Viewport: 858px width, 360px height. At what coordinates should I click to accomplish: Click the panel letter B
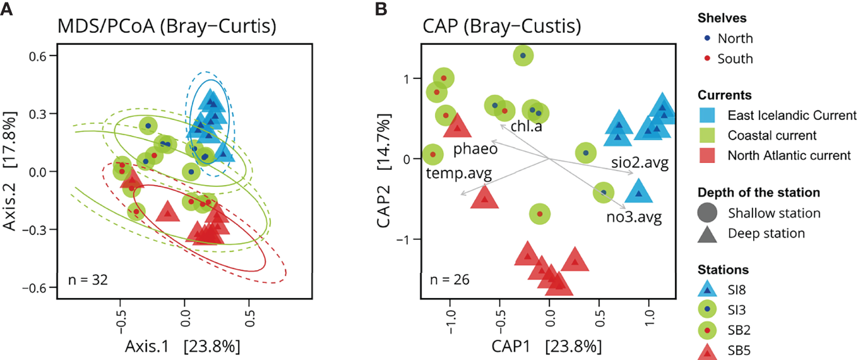click(381, 9)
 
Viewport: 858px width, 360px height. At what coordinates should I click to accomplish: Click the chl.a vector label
click(527, 127)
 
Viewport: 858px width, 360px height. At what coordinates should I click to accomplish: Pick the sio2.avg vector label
click(640, 163)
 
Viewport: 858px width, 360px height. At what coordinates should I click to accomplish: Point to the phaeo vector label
click(475, 150)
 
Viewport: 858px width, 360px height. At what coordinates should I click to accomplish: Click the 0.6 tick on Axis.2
click(42, 56)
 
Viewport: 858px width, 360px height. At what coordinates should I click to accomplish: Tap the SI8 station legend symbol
click(708, 290)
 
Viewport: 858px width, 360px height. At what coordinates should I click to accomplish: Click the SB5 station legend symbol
click(708, 349)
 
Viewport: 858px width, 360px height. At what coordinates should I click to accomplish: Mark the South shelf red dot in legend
click(708, 59)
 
